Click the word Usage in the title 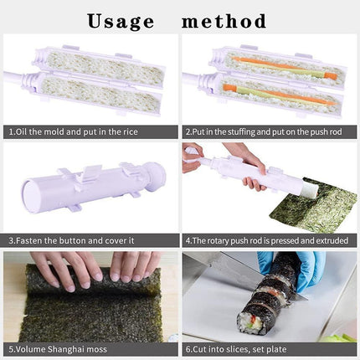122,21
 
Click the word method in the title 224,21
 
